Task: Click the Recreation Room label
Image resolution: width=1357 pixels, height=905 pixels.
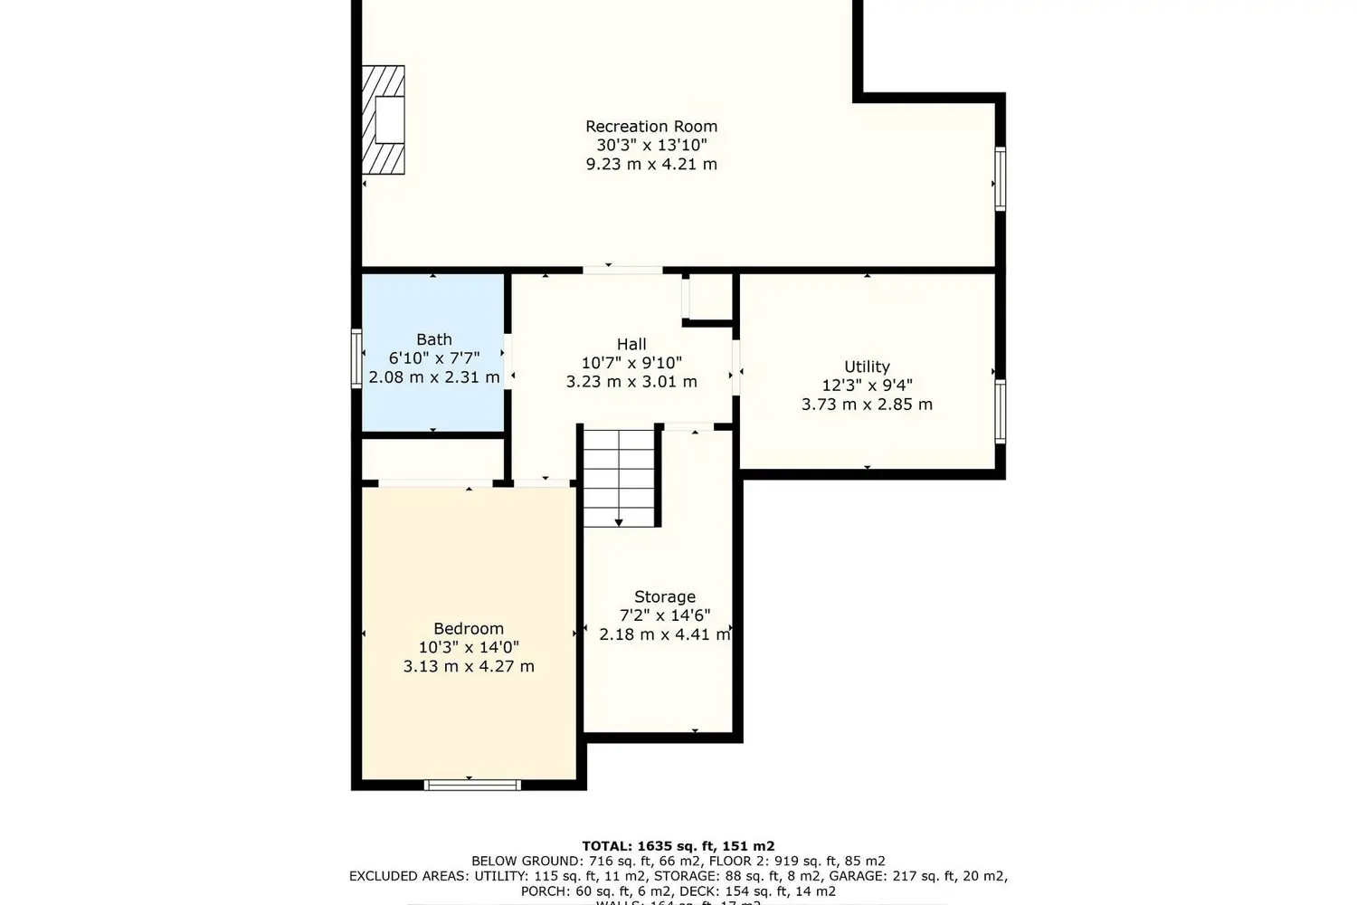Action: pyautogui.click(x=650, y=127)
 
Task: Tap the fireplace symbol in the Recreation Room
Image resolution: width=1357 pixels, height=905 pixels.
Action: pyautogui.click(x=383, y=119)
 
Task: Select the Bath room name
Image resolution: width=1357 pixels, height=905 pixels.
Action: pyautogui.click(x=434, y=339)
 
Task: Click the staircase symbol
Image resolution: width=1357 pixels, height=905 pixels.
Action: pyautogui.click(x=618, y=477)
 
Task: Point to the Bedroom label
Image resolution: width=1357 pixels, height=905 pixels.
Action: pyautogui.click(x=469, y=629)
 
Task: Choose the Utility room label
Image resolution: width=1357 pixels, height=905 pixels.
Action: pyautogui.click(x=867, y=367)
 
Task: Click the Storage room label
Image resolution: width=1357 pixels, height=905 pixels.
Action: pyautogui.click(x=665, y=596)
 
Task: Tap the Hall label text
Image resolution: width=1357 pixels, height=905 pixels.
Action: pyautogui.click(x=631, y=344)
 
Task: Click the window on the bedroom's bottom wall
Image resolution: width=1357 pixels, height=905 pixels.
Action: pyautogui.click(x=472, y=784)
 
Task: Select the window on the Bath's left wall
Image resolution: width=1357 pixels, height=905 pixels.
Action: pyautogui.click(x=356, y=358)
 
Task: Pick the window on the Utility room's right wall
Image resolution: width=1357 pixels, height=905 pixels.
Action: pyautogui.click(x=1001, y=412)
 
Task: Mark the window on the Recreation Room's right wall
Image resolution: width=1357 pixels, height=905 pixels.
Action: pyautogui.click(x=1000, y=179)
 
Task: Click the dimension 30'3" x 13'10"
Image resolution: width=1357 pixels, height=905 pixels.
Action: pyautogui.click(x=650, y=145)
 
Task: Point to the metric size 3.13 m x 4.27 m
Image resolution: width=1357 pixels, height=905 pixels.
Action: pyautogui.click(x=469, y=667)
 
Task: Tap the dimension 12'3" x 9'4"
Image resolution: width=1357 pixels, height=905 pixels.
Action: pyautogui.click(x=867, y=386)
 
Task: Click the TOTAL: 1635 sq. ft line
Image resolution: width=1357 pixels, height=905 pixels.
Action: pyautogui.click(x=678, y=846)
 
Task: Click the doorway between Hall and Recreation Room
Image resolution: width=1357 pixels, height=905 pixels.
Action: pyautogui.click(x=622, y=270)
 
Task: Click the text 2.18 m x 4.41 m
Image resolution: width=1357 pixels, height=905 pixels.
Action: pyautogui.click(x=665, y=634)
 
